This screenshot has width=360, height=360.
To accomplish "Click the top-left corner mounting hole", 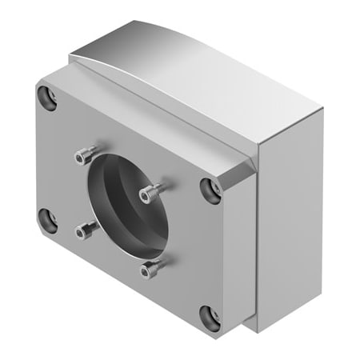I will click(x=46, y=98).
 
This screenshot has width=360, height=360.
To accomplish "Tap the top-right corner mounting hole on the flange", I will click(x=211, y=189).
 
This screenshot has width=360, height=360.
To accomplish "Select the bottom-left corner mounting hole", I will click(x=46, y=216).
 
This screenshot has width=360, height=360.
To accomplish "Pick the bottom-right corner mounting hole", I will click(x=210, y=317).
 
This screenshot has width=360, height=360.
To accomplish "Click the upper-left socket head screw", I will click(x=88, y=154).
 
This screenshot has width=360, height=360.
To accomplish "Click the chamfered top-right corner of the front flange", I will click(x=240, y=171).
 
